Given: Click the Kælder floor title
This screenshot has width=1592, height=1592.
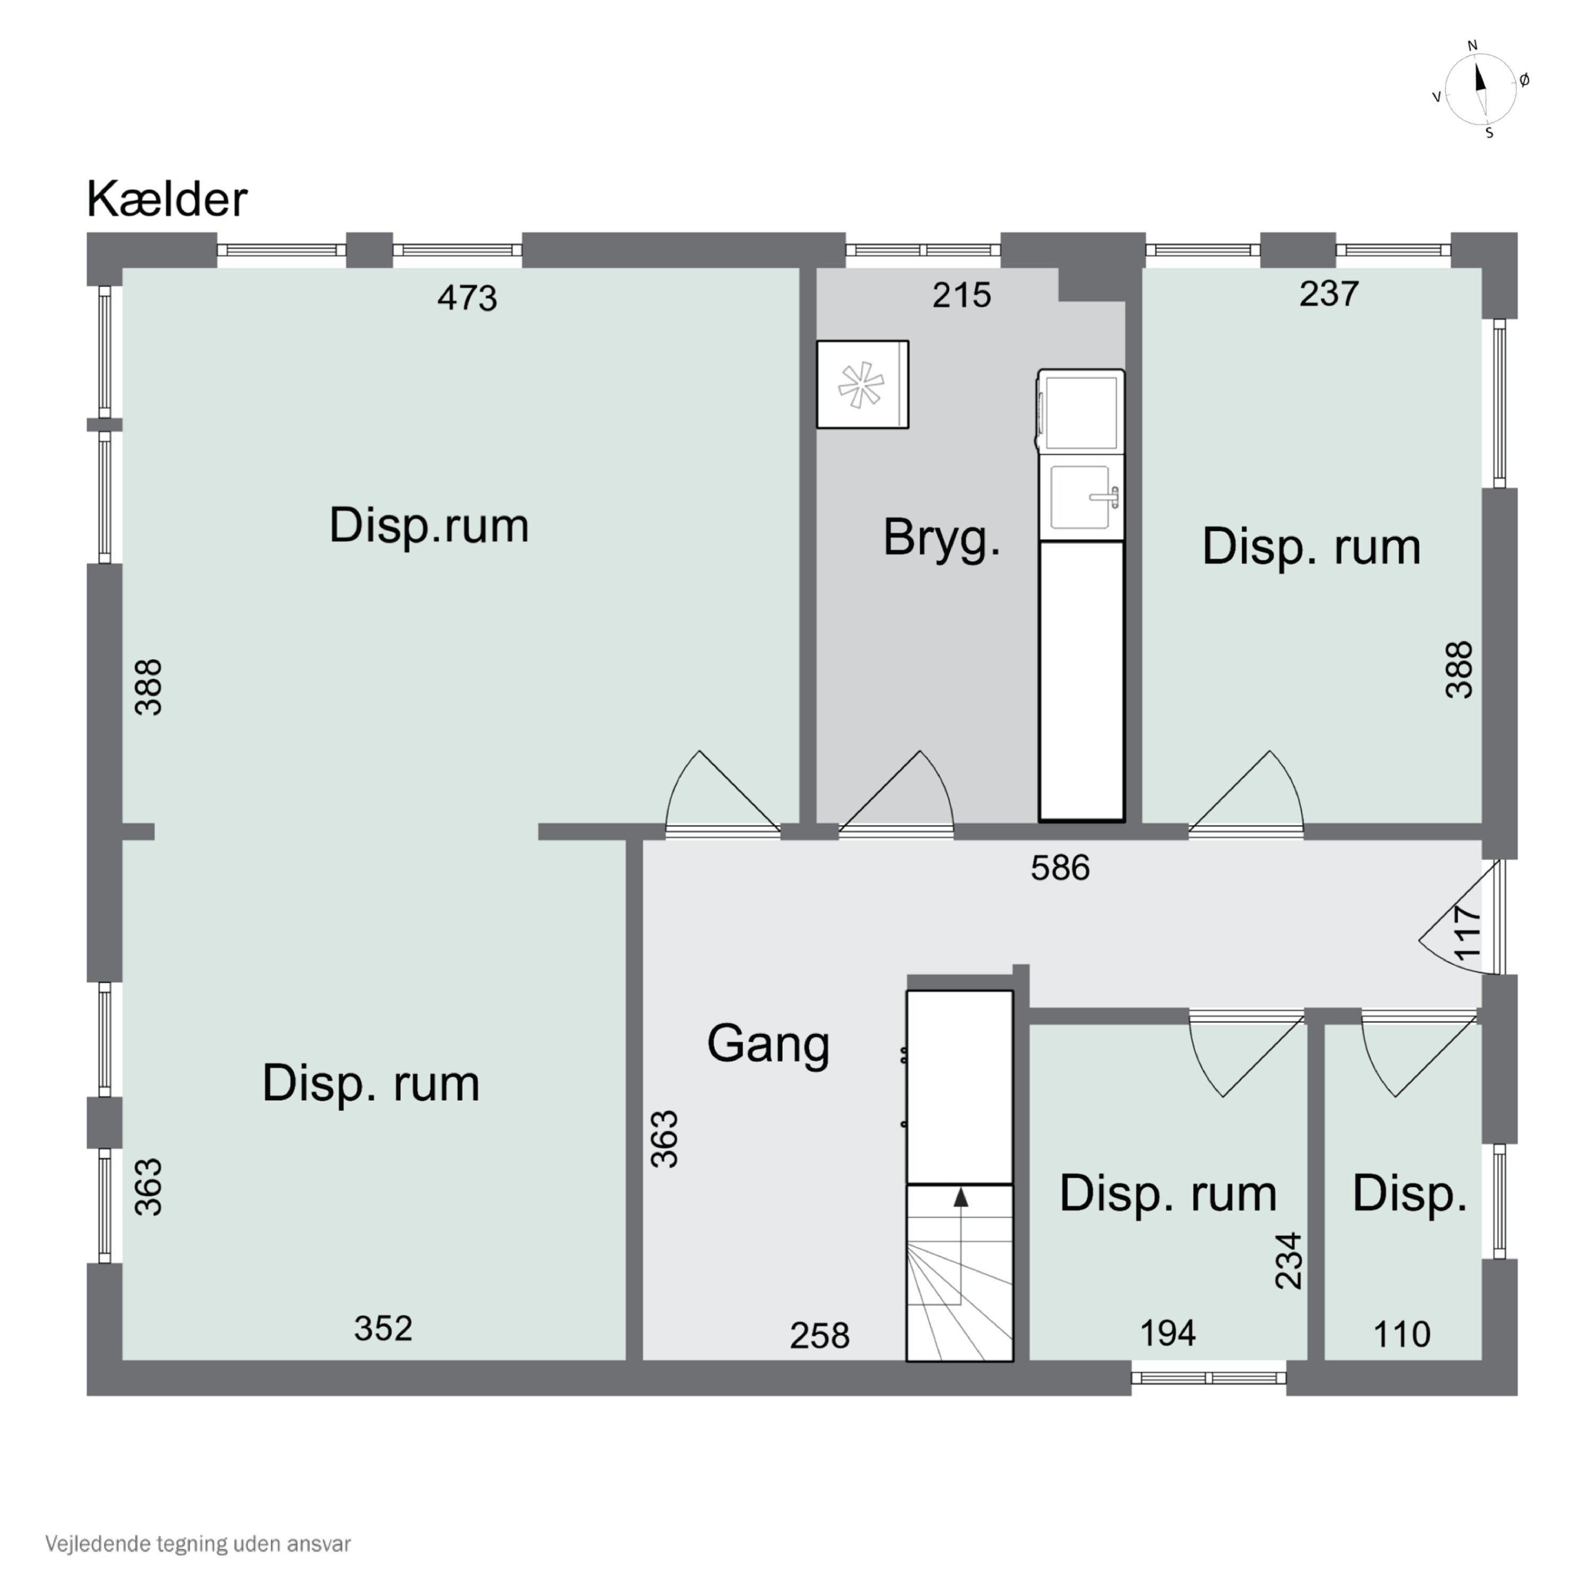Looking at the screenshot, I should click(167, 200).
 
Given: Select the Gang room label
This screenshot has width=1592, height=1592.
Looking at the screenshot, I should click(767, 1044).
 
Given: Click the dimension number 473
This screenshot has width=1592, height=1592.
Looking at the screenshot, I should click(466, 298).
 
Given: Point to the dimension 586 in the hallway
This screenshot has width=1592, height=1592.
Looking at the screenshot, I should click(1060, 868).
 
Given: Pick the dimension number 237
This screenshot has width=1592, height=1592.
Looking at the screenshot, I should click(1328, 293).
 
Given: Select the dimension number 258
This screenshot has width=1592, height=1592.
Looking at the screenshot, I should click(818, 1336).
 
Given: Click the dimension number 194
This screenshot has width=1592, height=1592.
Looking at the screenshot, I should click(1167, 1333).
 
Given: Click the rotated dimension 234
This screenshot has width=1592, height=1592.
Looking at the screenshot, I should click(1288, 1261).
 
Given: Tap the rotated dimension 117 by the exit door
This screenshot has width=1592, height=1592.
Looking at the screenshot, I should click(1468, 933).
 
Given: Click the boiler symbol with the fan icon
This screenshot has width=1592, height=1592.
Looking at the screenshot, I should click(862, 385).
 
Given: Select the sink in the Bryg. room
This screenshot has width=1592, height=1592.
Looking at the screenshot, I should click(1080, 497).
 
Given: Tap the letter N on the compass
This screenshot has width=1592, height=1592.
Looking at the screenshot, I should click(1473, 45).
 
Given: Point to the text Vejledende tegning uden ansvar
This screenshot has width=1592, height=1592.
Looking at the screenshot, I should click(198, 1543).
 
